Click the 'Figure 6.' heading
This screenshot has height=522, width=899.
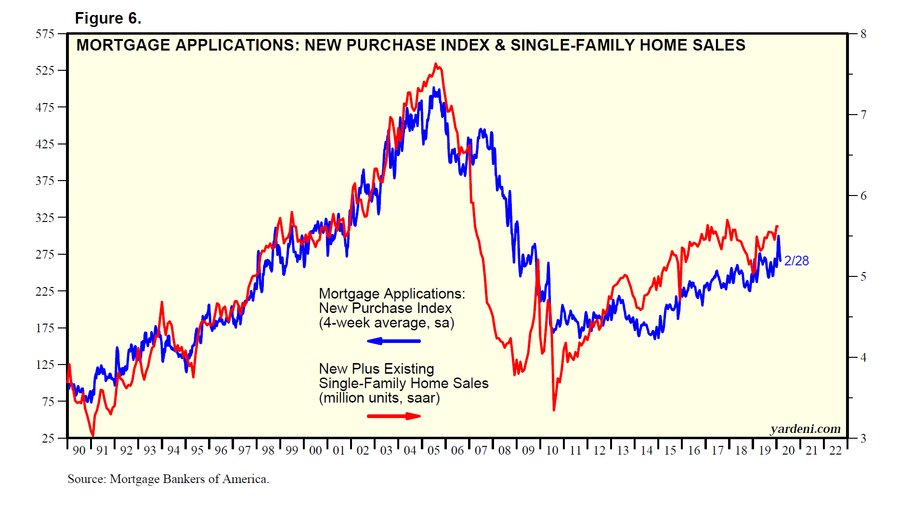(x=108, y=18)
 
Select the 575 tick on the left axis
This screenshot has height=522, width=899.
(x=45, y=34)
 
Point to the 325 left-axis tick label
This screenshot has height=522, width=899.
(x=45, y=218)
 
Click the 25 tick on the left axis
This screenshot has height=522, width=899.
(x=48, y=438)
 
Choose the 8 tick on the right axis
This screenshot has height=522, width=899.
(x=863, y=34)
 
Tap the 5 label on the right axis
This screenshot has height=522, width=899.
(x=863, y=276)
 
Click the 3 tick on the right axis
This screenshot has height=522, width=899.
(x=863, y=438)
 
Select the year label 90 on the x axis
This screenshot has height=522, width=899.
(x=79, y=451)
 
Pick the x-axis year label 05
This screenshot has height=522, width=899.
(x=434, y=451)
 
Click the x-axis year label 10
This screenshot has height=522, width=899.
(x=552, y=451)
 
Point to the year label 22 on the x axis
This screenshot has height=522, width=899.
(x=835, y=451)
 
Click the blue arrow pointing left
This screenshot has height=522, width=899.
(x=393, y=341)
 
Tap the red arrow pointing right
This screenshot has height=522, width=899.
(x=394, y=416)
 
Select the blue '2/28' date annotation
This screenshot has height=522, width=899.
(x=796, y=261)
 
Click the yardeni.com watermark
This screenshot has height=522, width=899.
(x=805, y=429)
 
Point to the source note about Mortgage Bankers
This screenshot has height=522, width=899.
(x=168, y=479)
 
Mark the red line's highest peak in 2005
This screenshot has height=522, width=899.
(x=436, y=64)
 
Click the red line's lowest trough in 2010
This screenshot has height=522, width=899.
(x=554, y=410)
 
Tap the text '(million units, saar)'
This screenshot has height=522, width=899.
(x=379, y=398)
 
